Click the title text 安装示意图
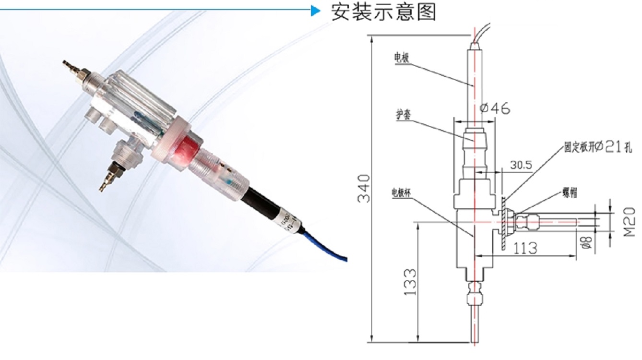click(384, 12)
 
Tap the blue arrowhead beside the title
click(315, 10)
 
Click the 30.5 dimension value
click(521, 165)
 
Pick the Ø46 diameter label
click(495, 109)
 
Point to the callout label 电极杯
click(403, 192)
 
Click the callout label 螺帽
click(570, 193)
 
